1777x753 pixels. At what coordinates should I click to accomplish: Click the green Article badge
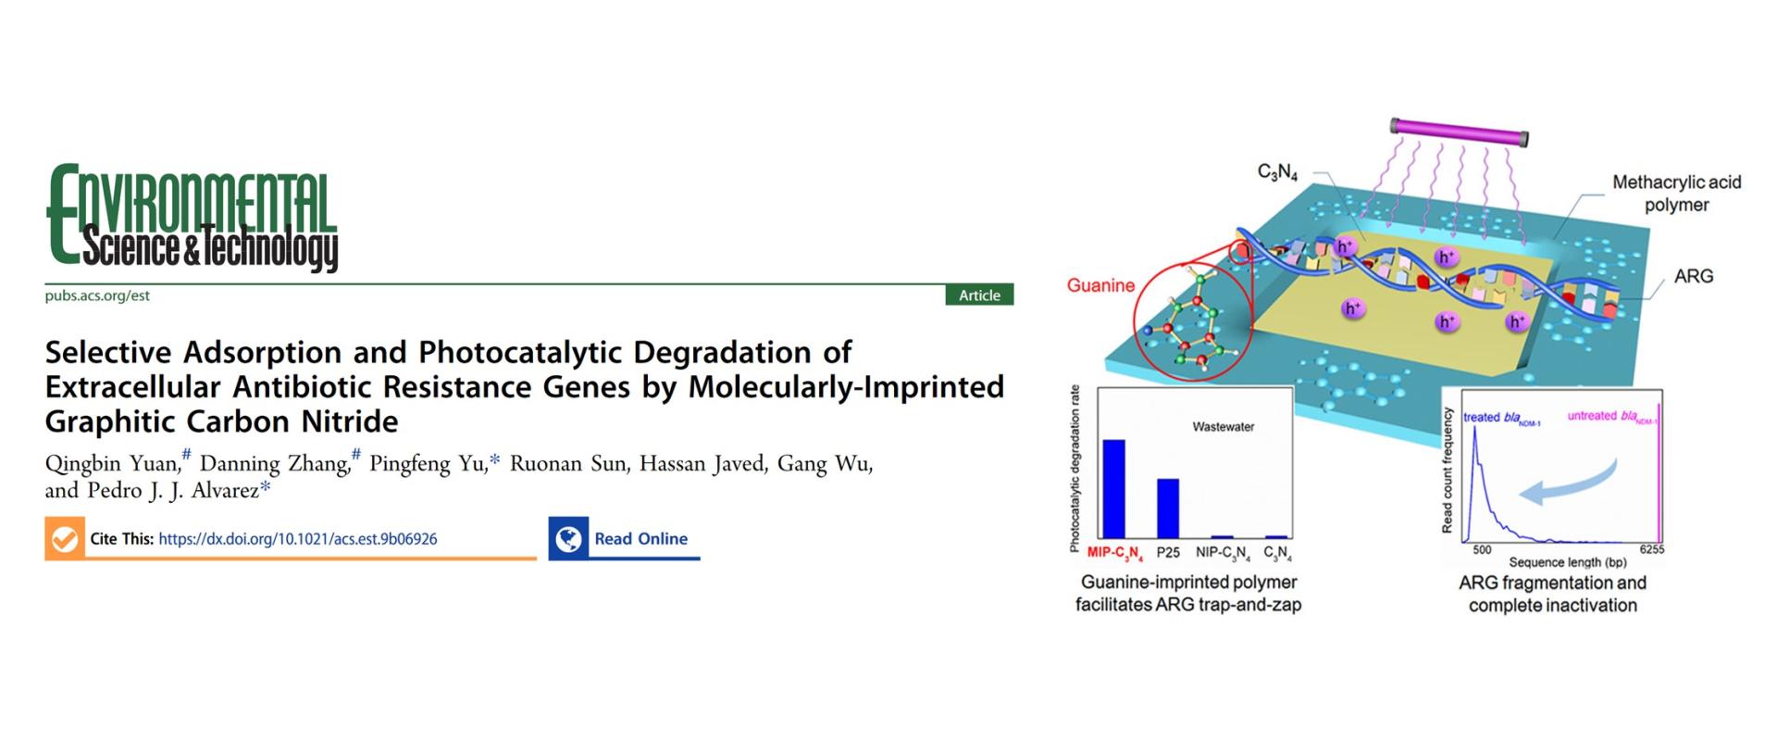click(979, 295)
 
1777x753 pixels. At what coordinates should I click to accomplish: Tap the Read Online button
click(624, 538)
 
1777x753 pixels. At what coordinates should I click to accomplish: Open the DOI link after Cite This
click(298, 539)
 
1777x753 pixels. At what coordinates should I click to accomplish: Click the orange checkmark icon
click(65, 539)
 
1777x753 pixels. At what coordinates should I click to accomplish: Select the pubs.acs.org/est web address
click(97, 295)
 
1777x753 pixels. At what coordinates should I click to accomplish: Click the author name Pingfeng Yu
click(428, 463)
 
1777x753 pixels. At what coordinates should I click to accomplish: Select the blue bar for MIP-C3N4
click(1113, 489)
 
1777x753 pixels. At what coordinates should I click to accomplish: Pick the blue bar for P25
click(1168, 508)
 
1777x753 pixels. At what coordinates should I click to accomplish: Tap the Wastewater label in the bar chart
click(1224, 427)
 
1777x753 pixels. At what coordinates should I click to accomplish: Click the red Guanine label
click(1100, 285)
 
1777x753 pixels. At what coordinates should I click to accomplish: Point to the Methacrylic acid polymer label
click(1677, 194)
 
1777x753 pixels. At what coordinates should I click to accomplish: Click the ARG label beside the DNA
click(1694, 276)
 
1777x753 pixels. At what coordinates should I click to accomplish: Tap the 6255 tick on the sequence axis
click(1651, 549)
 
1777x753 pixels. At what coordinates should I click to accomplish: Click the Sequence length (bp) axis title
click(1568, 562)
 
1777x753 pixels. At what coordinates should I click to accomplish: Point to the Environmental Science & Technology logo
click(193, 218)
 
